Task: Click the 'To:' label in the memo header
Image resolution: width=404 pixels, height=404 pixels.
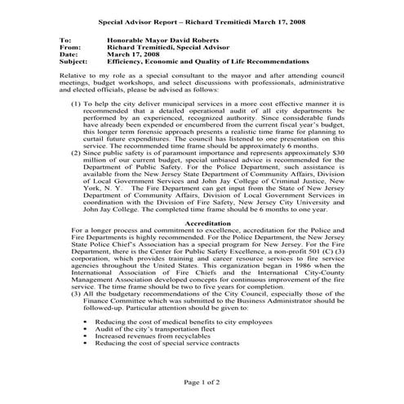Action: click(66, 38)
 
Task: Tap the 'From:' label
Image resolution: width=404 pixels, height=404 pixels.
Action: click(69, 46)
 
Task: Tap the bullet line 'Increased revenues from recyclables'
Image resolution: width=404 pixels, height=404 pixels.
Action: click(150, 335)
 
